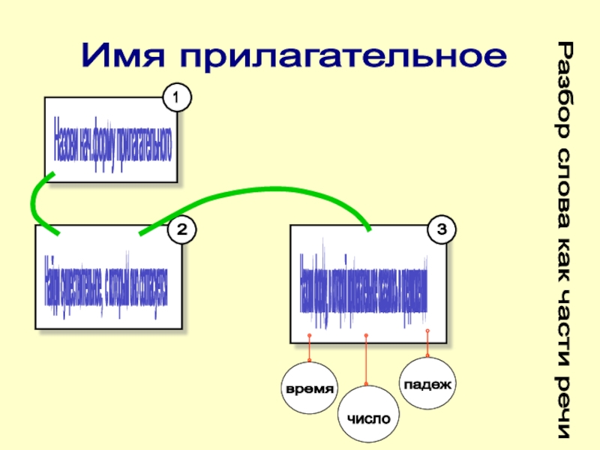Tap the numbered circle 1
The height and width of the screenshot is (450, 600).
[x=177, y=98]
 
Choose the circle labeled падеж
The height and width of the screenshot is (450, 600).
[x=427, y=385]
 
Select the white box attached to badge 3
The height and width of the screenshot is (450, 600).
[x=367, y=283]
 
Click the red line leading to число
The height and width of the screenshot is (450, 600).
[x=366, y=364]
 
